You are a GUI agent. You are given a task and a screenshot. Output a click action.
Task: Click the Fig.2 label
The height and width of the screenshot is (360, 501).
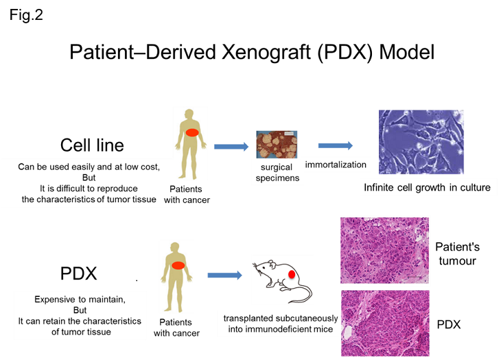(26, 15)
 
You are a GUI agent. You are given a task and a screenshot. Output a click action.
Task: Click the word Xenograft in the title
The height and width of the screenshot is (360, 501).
(266, 52)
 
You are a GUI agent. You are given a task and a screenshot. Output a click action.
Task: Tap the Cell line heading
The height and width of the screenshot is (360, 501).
(92, 145)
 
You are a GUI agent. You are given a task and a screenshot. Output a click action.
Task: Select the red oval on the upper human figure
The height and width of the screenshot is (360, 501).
(192, 132)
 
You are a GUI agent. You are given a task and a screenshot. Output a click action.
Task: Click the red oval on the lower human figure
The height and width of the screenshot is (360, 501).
(178, 265)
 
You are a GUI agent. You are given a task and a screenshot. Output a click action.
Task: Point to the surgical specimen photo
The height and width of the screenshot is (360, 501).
(277, 144)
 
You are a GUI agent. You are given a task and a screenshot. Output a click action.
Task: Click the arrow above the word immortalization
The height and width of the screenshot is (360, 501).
(336, 145)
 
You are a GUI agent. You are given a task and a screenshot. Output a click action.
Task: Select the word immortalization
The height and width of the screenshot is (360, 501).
(336, 165)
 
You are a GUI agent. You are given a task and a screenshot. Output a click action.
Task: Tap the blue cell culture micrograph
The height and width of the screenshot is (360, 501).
(421, 142)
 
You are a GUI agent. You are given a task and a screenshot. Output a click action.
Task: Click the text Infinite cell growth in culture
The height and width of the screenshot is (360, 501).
(427, 187)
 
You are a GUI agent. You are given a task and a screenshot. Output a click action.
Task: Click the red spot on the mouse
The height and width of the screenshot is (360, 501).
(292, 274)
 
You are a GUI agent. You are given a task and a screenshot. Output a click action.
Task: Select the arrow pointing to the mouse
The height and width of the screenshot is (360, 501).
(225, 275)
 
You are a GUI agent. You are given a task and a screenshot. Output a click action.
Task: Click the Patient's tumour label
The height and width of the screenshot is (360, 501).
(457, 254)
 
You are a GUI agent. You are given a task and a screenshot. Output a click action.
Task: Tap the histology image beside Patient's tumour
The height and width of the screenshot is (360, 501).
(385, 250)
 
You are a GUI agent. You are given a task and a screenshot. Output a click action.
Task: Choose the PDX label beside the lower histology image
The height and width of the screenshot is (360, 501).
(449, 324)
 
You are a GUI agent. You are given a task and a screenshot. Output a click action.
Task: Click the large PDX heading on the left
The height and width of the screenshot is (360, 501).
(79, 274)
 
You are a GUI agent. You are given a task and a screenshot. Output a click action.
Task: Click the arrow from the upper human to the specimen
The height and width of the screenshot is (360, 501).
(231, 147)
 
